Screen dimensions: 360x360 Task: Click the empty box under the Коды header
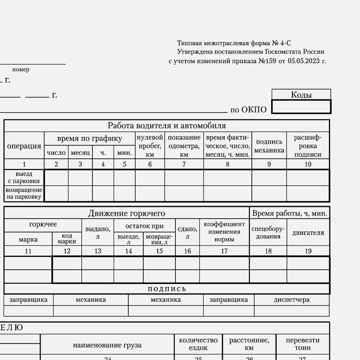[x=301, y=107]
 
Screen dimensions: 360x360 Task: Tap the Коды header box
[x=301, y=95]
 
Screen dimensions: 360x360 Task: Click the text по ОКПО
[x=248, y=110]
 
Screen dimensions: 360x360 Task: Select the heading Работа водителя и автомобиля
[x=167, y=125]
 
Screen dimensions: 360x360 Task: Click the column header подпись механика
[x=269, y=146]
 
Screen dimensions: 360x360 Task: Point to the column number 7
[x=184, y=164]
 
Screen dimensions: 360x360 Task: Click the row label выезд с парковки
[x=24, y=177]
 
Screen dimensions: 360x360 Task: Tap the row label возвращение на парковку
[x=24, y=193]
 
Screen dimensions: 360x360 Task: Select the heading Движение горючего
[x=127, y=213]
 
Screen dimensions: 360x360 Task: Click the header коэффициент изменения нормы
[x=224, y=232]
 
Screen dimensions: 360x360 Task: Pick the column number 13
[x=98, y=251]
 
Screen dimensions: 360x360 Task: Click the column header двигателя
[x=308, y=232]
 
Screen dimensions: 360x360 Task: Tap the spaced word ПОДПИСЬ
[x=167, y=289]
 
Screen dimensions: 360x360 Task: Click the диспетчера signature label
[x=292, y=299]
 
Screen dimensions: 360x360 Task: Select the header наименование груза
[x=107, y=345]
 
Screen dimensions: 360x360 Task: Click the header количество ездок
[x=198, y=344]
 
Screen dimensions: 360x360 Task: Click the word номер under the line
[x=21, y=69]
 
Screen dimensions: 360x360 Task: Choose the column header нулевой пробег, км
[x=150, y=146]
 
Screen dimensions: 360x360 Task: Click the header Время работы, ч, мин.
[x=289, y=213]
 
